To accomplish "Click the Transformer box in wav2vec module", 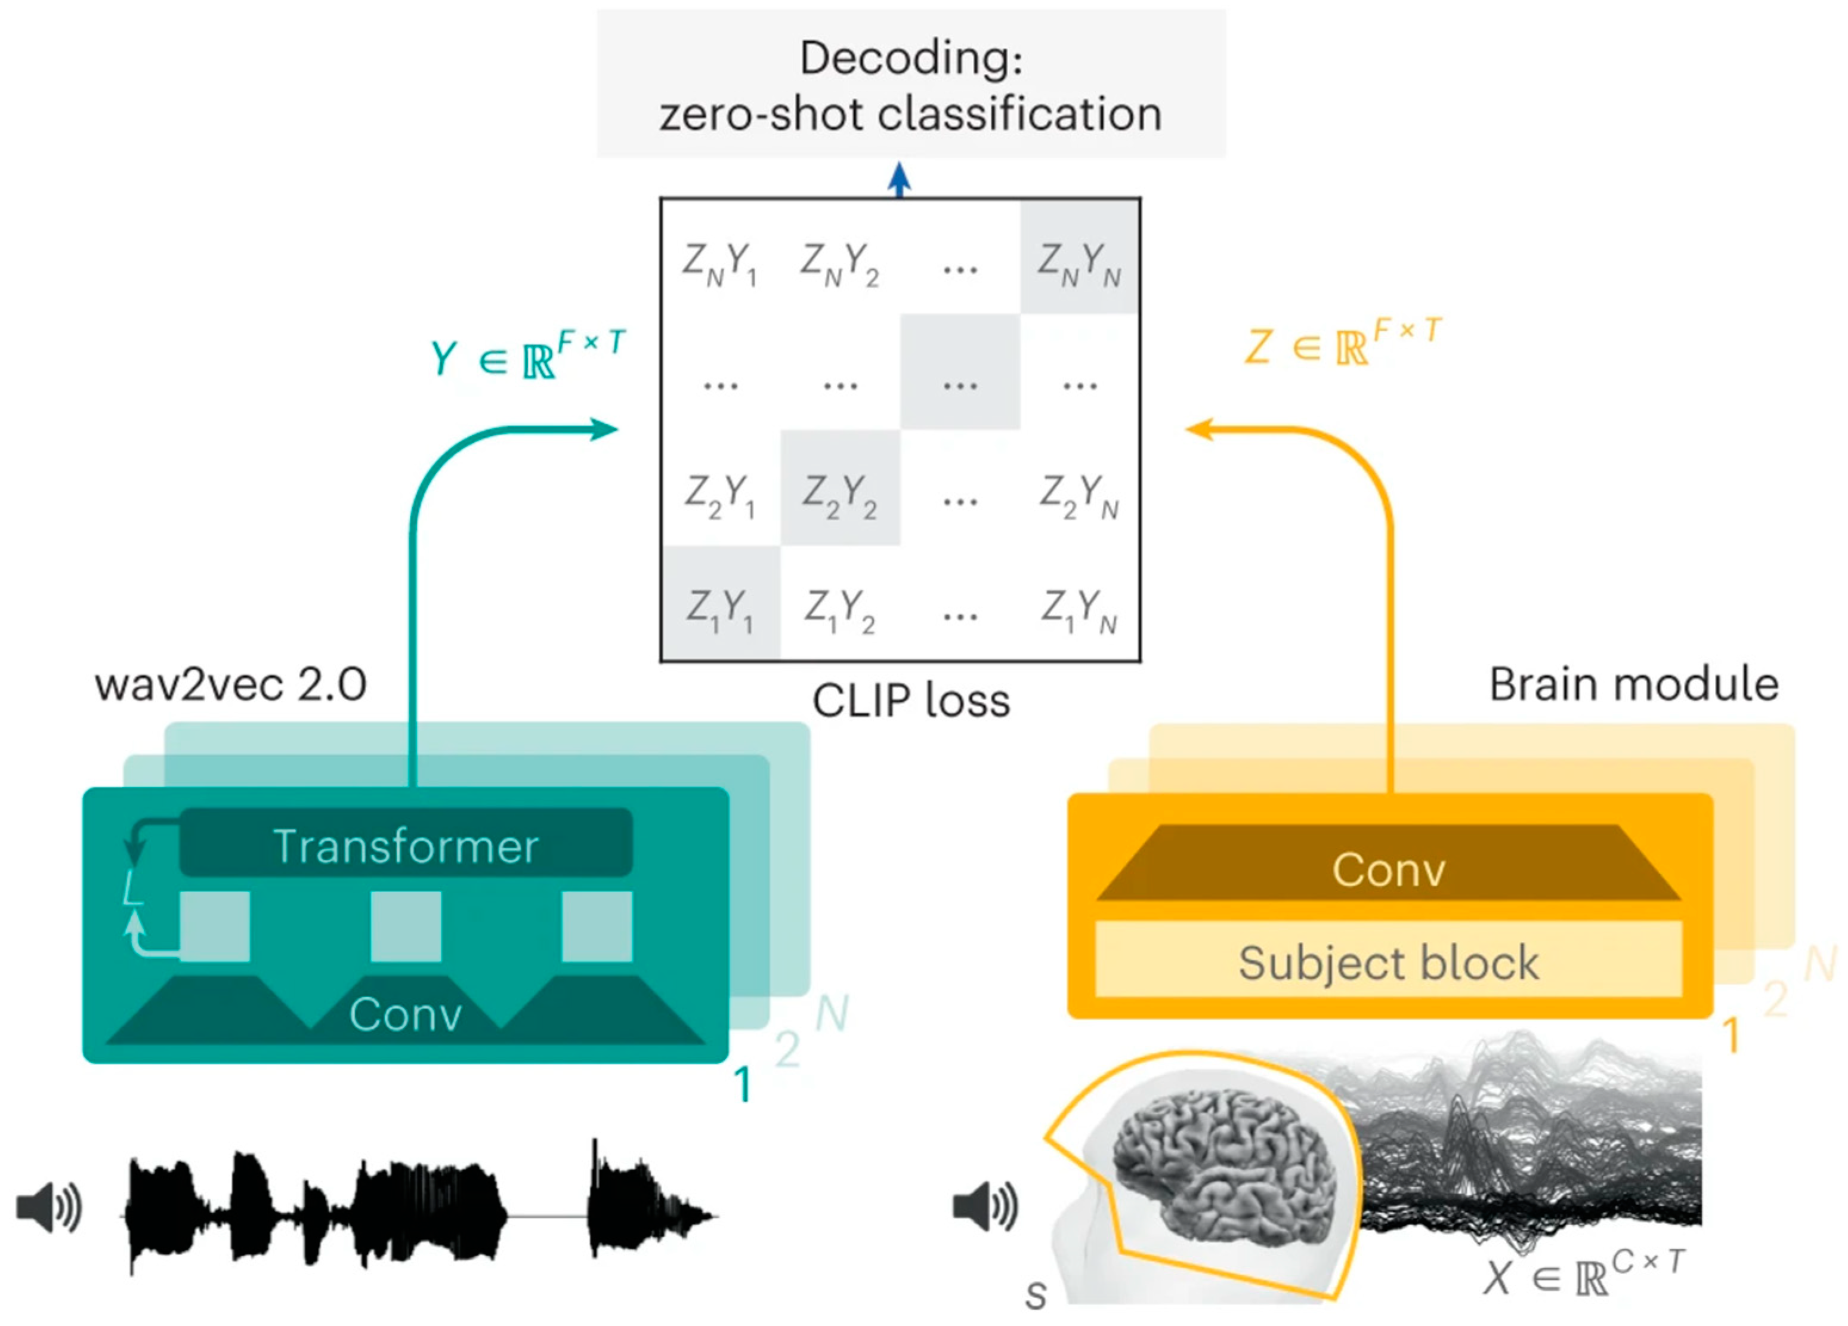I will [x=406, y=844].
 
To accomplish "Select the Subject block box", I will [x=1389, y=962].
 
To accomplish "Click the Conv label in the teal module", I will [x=406, y=1014].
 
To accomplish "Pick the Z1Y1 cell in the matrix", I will [x=721, y=607].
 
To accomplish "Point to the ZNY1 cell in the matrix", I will [x=721, y=263].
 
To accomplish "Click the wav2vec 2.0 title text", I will [x=231, y=684].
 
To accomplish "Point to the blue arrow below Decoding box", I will [x=899, y=179].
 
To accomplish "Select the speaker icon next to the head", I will [x=985, y=1207].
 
